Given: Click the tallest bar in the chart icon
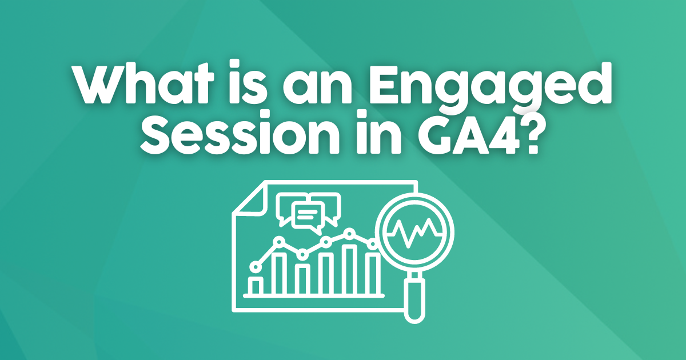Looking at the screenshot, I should pyautogui.click(x=350, y=269).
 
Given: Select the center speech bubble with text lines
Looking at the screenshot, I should pyautogui.click(x=307, y=216).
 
